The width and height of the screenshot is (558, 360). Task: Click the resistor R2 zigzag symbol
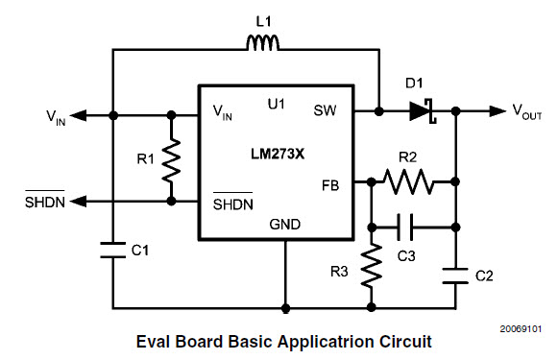[x=409, y=179]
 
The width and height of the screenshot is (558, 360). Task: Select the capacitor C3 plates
[x=409, y=228]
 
